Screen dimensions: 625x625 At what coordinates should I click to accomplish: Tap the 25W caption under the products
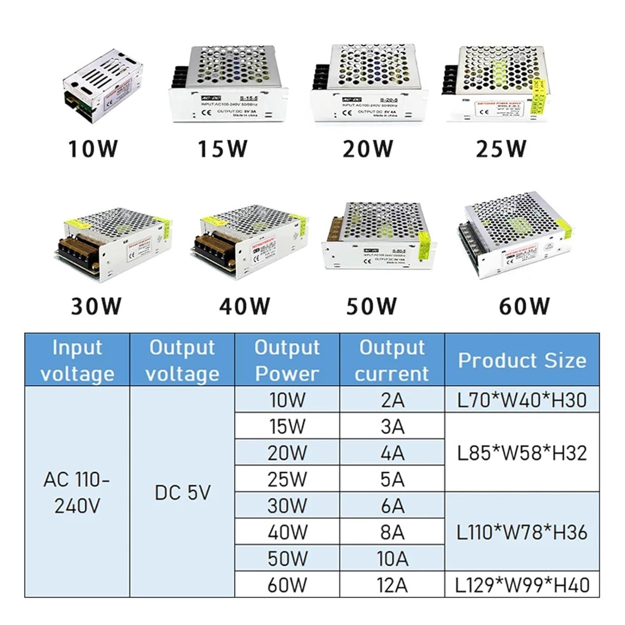(x=501, y=149)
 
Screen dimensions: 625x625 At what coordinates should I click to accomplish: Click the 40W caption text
(x=245, y=306)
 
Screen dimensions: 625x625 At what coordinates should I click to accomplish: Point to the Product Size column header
(x=522, y=360)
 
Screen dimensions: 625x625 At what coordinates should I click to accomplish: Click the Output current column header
(x=392, y=360)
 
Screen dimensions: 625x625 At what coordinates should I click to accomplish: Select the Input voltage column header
(x=77, y=360)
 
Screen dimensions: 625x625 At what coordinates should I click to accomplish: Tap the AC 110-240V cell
(x=77, y=492)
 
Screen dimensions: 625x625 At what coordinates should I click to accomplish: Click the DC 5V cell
(x=182, y=492)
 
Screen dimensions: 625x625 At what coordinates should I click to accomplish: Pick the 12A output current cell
(x=392, y=585)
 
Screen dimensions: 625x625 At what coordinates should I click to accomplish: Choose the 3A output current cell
(x=392, y=426)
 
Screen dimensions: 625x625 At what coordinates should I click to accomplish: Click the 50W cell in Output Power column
(x=287, y=558)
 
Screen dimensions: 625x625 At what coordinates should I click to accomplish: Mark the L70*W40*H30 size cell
(x=522, y=400)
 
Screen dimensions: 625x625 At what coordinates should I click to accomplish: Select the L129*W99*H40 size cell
(x=522, y=585)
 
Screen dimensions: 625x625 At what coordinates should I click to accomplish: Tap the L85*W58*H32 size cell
(x=522, y=453)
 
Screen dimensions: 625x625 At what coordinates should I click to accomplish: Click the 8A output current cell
(x=392, y=532)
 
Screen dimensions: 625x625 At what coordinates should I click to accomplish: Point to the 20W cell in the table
(x=287, y=453)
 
